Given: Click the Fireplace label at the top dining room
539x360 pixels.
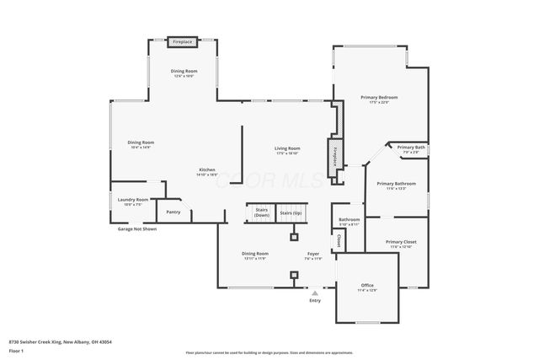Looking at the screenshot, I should tap(182, 41).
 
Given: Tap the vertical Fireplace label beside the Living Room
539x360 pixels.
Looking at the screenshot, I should tap(334, 158).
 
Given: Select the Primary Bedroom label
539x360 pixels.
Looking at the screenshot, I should tap(379, 98).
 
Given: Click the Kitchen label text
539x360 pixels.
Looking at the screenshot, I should tap(207, 170).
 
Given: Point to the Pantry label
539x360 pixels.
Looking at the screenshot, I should tap(173, 212).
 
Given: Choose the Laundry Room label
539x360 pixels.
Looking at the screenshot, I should tap(133, 200).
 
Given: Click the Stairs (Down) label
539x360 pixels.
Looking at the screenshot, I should tap(261, 212).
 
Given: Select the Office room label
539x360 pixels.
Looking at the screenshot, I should tap(367, 285).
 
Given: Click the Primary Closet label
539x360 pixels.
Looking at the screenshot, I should tap(401, 242).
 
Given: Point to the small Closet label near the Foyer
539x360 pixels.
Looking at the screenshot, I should tap(339, 240).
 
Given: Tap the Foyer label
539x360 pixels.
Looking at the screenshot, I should tap(312, 253).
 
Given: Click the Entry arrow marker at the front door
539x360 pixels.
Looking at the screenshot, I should tap(315, 293).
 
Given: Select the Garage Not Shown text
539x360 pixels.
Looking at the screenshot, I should tap(136, 228).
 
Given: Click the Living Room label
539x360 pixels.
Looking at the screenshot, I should tap(287, 148).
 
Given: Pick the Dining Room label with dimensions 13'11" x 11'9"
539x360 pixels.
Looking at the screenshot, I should tap(255, 253).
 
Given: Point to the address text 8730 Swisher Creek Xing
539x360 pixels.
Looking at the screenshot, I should tap(60, 341).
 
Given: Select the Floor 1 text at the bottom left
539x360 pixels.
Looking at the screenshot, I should tap(16, 350).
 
